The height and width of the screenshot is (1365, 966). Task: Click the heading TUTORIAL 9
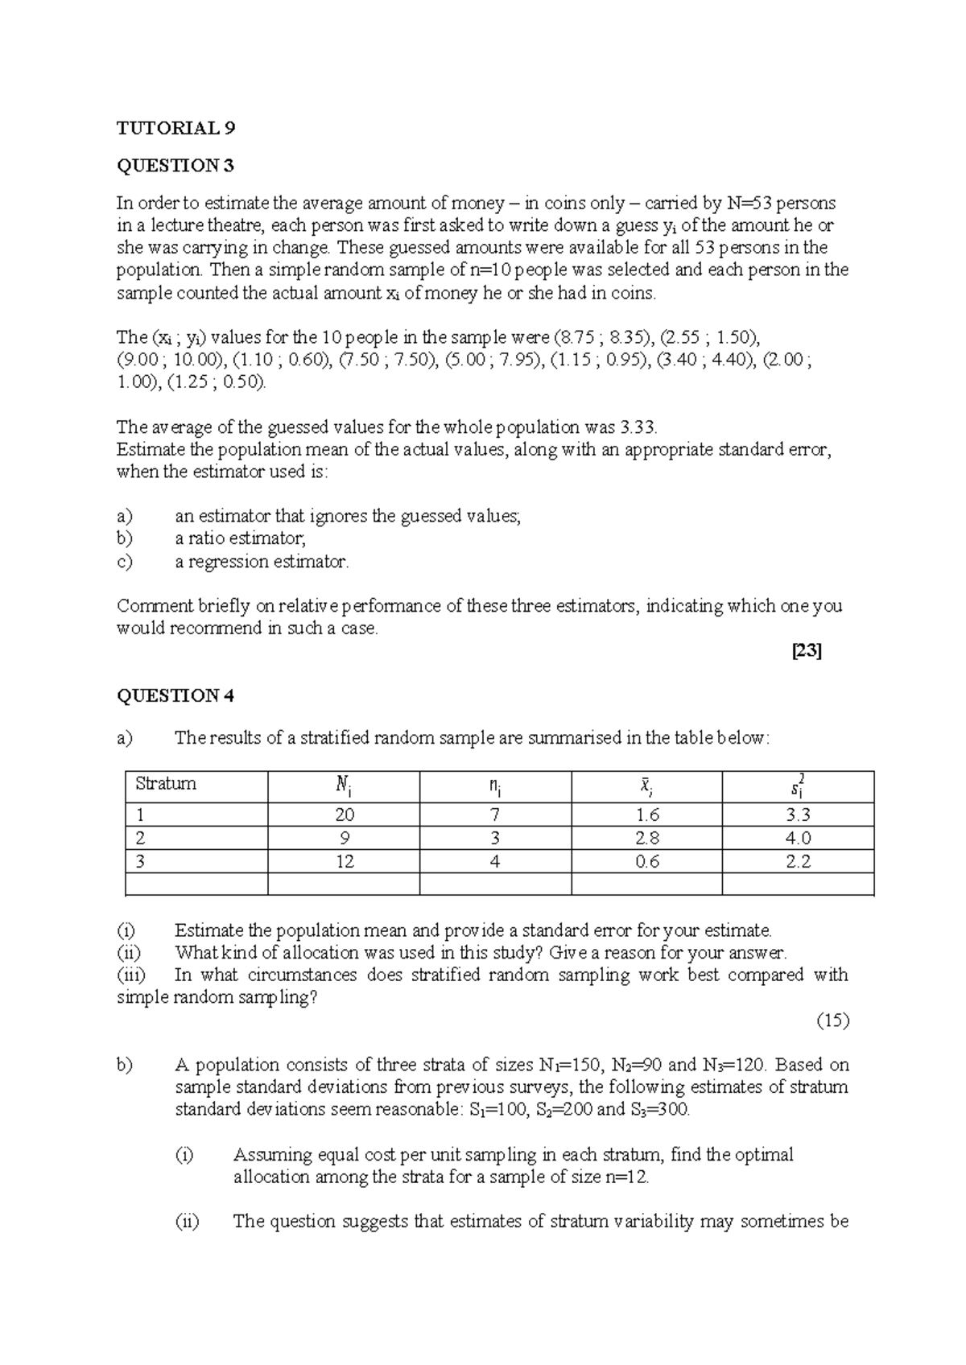click(x=176, y=128)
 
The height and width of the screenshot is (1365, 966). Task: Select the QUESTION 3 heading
click(x=175, y=166)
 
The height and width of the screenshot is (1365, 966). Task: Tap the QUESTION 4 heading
click(x=175, y=695)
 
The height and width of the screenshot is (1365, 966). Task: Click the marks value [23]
click(x=807, y=652)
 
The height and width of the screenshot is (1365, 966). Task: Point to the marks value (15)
click(x=833, y=1021)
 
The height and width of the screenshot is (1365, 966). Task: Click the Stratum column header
click(x=166, y=784)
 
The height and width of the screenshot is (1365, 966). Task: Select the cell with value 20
click(x=345, y=815)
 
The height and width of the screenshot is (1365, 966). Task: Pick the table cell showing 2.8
click(x=647, y=839)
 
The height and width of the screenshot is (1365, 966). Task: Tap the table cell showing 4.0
click(x=798, y=839)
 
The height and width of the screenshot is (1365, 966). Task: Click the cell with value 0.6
click(x=647, y=862)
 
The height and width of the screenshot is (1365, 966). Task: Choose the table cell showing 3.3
click(x=798, y=815)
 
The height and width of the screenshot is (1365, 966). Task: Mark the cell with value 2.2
click(x=798, y=862)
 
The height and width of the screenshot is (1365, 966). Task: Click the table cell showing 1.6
click(x=647, y=815)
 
